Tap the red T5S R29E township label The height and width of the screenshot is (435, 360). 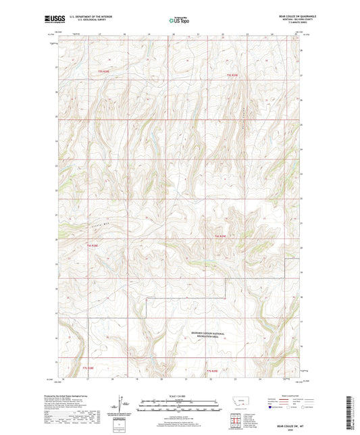point(232,74)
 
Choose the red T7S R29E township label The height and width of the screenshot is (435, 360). point(211,371)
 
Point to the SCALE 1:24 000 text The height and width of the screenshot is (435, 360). point(179,395)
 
